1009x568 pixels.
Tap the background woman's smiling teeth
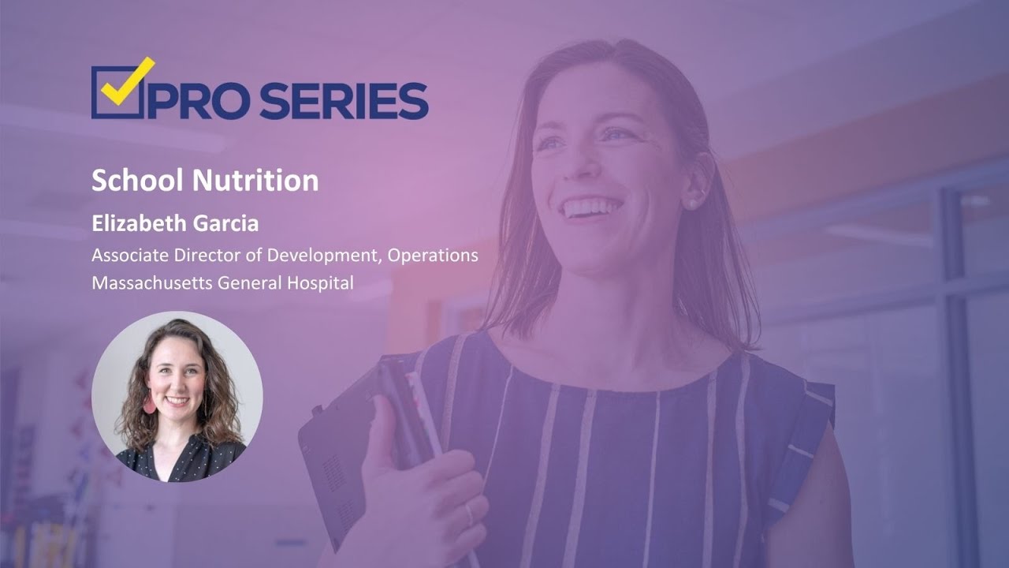(x=591, y=208)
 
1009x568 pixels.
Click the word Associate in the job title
(x=124, y=256)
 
